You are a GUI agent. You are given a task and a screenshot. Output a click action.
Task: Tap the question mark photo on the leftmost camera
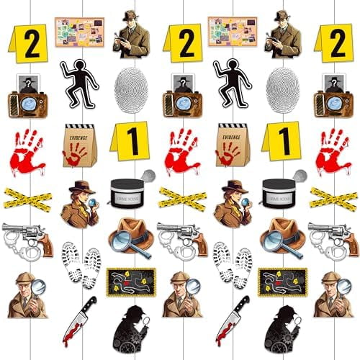coord(27,84)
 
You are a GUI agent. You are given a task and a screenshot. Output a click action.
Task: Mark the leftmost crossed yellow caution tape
coord(27,197)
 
